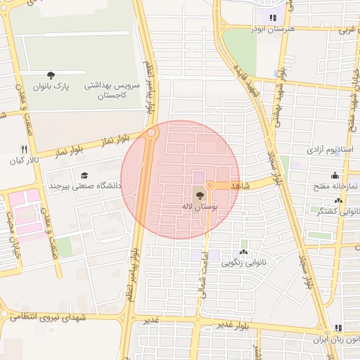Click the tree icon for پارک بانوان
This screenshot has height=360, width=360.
coord(51,75)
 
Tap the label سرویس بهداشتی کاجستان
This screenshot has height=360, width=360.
coord(112,89)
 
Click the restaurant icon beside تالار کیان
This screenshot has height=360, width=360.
coord(24,149)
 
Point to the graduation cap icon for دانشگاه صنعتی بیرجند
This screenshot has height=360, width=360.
coord(84,175)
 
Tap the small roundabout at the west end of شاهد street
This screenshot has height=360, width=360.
coord(210,186)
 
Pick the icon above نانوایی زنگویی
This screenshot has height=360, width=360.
coord(243,252)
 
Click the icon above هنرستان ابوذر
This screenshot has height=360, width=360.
coord(273,18)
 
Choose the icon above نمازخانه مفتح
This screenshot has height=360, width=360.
coord(335,176)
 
